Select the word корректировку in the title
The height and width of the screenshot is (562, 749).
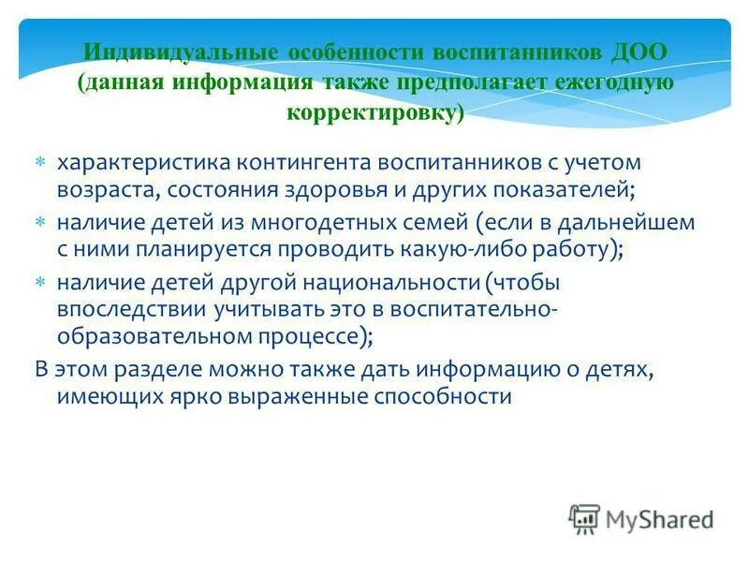(374, 113)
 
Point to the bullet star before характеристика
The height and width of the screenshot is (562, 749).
(40, 163)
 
